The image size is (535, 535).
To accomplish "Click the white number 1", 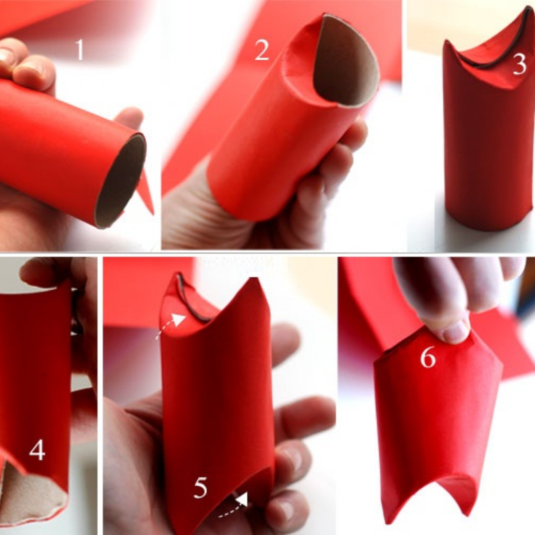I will [80, 49].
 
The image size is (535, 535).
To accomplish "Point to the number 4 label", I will [36, 449].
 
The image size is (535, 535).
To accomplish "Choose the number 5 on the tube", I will [201, 488].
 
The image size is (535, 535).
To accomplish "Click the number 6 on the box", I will [427, 358].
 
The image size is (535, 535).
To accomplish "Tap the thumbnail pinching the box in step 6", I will [457, 330].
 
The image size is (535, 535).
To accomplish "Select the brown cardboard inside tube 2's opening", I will [344, 64].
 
